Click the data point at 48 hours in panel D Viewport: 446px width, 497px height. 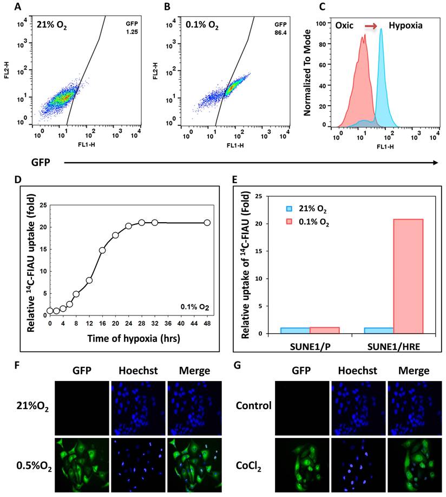click(207, 222)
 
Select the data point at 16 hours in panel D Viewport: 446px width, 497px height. click(102, 250)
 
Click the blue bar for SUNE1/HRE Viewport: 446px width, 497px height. click(379, 330)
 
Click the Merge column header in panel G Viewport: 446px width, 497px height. click(414, 371)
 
